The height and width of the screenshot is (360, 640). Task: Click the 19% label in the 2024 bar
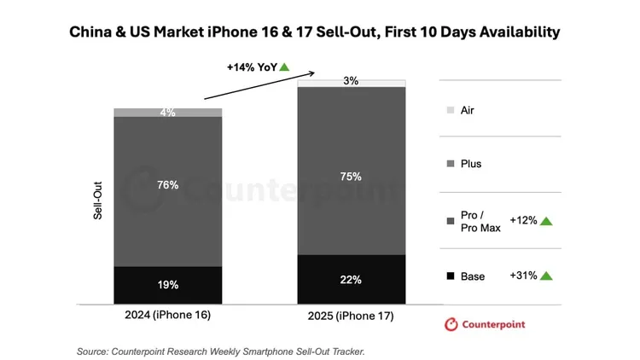(x=167, y=285)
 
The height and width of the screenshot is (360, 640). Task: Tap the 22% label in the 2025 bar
(x=351, y=279)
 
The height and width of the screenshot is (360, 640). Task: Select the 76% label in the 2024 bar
(x=167, y=185)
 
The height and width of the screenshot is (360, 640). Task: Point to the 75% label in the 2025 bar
(x=351, y=177)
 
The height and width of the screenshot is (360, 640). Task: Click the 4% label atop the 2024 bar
(x=167, y=113)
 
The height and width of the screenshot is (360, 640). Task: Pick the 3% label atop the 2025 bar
(x=351, y=81)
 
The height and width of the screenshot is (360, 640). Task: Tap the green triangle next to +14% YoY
(x=284, y=67)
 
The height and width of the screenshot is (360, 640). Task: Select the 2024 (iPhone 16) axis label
(x=167, y=315)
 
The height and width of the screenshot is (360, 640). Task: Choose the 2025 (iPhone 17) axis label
(x=351, y=317)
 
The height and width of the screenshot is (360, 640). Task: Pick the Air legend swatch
(x=451, y=110)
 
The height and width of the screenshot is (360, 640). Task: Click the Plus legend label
(x=471, y=163)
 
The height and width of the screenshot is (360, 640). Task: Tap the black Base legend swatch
(x=451, y=276)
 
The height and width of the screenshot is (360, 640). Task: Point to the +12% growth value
(x=523, y=220)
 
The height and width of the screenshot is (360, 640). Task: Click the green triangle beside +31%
(x=546, y=276)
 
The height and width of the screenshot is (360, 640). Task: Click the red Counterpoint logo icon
(x=450, y=324)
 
